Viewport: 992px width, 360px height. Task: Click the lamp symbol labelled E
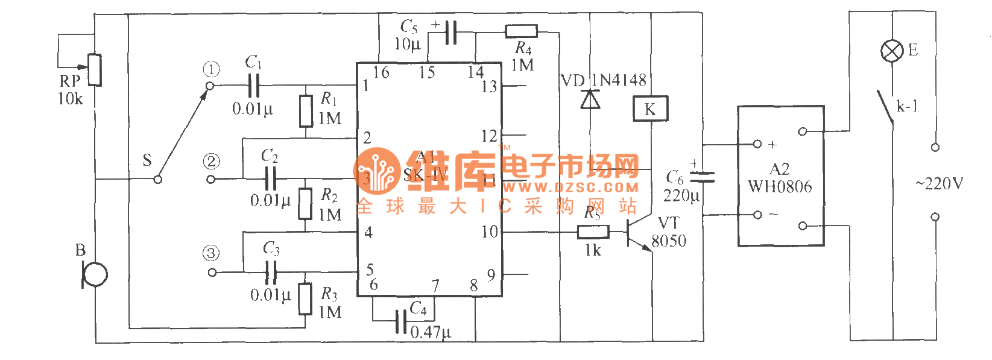click(892, 51)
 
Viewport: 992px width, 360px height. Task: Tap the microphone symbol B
click(94, 275)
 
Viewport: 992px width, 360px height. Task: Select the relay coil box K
click(650, 109)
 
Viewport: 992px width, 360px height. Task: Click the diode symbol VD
click(590, 99)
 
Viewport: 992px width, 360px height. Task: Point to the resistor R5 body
click(593, 232)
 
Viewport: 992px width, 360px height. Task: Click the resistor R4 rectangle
click(521, 31)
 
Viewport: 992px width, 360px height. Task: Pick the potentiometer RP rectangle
click(95, 70)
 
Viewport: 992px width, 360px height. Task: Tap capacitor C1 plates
click(254, 86)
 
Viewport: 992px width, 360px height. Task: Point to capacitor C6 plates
click(702, 177)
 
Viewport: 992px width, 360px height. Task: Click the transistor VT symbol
click(636, 232)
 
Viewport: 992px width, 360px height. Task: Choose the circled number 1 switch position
click(211, 69)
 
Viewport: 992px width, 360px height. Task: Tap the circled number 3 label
click(211, 253)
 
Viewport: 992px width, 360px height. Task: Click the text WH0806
click(780, 187)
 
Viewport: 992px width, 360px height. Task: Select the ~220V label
click(939, 183)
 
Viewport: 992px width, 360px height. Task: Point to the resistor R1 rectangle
click(306, 111)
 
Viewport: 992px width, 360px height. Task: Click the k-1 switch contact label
click(907, 107)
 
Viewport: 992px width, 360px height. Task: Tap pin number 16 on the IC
click(381, 72)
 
